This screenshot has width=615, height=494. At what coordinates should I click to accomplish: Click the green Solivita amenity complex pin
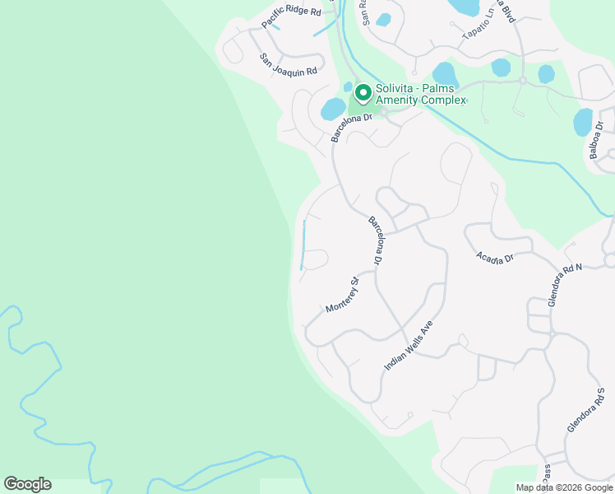point(362,93)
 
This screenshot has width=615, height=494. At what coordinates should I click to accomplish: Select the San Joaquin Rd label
point(289,66)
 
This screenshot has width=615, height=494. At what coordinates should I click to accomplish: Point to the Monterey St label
point(343,296)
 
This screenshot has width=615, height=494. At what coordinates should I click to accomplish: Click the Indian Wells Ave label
point(408,346)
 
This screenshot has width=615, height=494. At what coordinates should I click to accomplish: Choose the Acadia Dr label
point(495,258)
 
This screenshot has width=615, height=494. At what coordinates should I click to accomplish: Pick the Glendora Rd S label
point(585,409)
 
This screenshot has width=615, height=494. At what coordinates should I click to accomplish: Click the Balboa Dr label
point(596,140)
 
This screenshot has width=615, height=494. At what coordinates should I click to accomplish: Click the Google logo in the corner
point(27,484)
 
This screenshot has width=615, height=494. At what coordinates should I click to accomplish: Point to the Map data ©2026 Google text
point(565,487)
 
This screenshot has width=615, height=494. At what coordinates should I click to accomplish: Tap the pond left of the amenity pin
point(333,109)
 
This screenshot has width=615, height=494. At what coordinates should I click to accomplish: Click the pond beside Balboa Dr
point(583,122)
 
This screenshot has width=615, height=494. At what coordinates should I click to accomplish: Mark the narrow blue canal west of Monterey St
point(303,245)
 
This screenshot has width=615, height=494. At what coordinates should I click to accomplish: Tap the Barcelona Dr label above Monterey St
point(377,240)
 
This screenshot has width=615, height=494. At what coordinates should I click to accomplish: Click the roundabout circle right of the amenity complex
point(522,80)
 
